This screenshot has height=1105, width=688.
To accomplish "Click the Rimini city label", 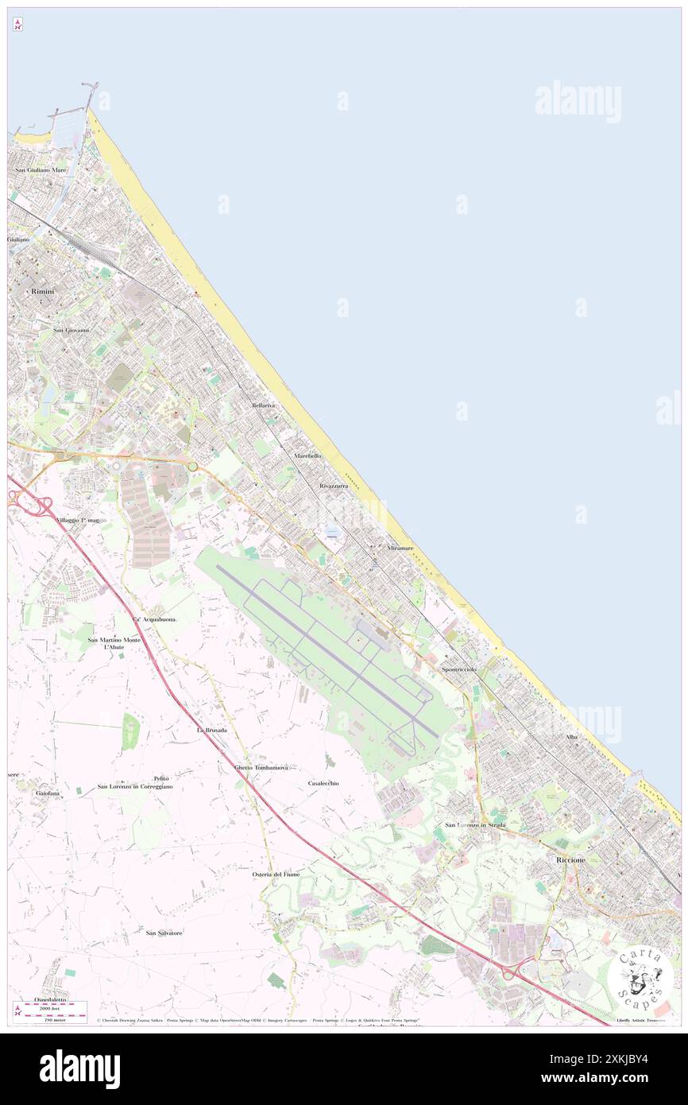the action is (43, 293).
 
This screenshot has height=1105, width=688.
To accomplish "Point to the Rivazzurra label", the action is (334, 485).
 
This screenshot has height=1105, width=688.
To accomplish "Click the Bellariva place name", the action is (264, 405).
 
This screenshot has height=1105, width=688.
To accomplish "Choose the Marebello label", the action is (307, 456).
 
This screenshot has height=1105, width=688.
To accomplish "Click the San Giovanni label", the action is (71, 329).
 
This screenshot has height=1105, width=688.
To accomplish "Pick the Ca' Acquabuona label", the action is (154, 618).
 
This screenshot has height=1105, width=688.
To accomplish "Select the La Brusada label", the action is (212, 729).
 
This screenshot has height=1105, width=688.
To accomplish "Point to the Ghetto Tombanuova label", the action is (266, 768).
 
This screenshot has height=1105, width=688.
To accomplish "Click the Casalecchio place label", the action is (323, 783).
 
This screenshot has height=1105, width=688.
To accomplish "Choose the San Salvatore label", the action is (164, 932).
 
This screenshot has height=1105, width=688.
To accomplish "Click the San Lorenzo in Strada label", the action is (475, 825).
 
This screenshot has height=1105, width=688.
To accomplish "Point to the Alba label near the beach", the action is (572, 738).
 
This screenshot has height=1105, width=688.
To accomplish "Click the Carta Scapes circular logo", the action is (640, 977).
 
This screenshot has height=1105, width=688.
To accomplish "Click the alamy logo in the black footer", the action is (79, 1069).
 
